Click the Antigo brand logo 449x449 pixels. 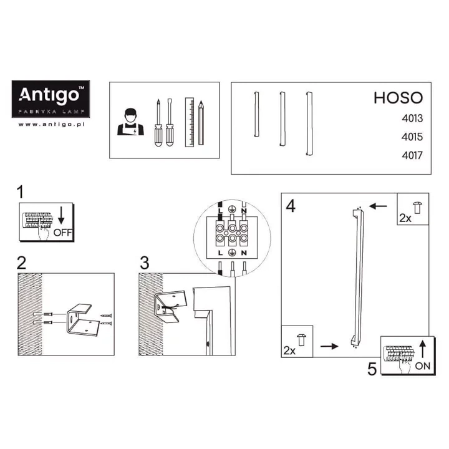point(51,99)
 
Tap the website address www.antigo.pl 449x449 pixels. point(52,124)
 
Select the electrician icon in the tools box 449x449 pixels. point(130,122)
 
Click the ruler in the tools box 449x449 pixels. point(190,122)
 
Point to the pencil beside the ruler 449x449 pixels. point(201,123)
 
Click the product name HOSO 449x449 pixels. point(398,98)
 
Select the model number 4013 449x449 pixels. point(412,118)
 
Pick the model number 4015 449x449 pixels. point(412,137)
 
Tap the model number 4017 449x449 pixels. point(412,155)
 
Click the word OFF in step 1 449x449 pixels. point(63,233)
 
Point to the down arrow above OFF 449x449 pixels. point(61,215)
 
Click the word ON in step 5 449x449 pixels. point(422,365)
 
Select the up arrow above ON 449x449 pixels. point(423,349)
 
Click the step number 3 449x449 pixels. point(145,263)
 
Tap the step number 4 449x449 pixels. point(291,206)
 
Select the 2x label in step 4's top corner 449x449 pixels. point(405,218)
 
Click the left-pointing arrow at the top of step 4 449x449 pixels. point(378,206)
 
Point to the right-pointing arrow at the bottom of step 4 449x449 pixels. point(329,346)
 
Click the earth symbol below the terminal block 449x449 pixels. point(232,253)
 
